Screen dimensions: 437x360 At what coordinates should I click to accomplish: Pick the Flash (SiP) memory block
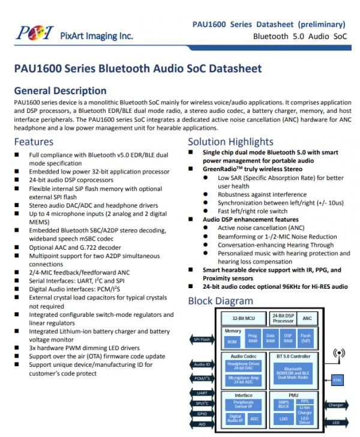tap(306, 340)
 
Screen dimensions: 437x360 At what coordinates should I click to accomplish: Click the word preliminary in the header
tap(322, 25)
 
